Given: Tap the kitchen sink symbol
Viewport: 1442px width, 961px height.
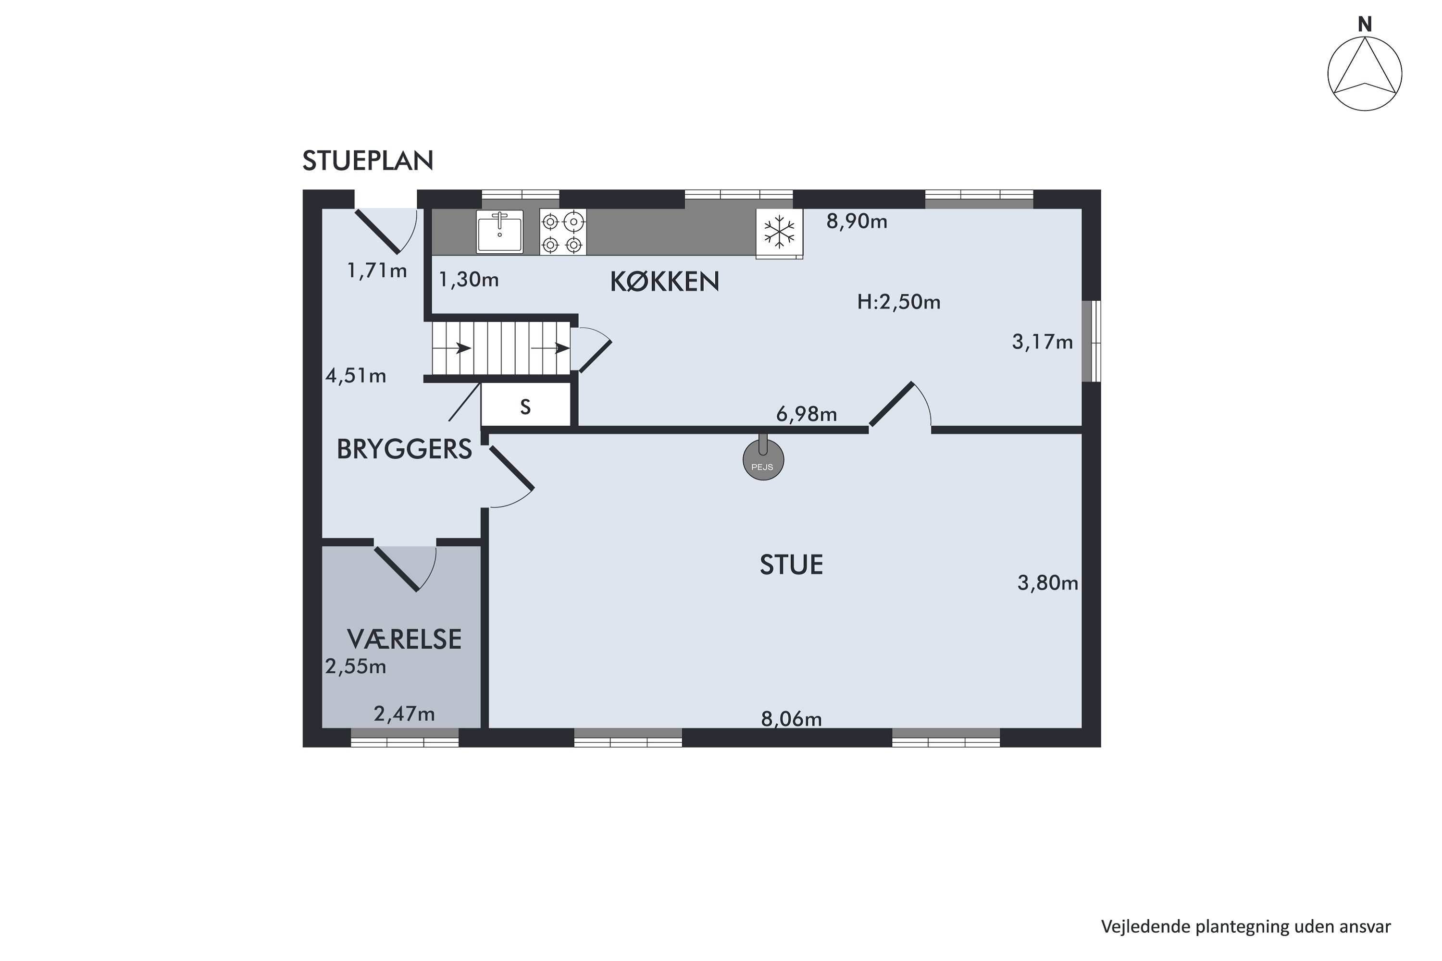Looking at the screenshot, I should tap(500, 232).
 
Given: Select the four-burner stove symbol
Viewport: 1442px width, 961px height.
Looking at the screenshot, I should tap(562, 232).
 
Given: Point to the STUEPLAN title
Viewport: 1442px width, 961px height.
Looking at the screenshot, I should tap(368, 160).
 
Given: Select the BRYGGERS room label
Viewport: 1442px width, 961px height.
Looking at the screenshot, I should tap(404, 450).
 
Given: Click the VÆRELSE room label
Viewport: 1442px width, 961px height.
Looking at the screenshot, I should tap(404, 639).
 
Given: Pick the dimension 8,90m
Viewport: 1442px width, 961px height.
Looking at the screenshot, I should tap(857, 221).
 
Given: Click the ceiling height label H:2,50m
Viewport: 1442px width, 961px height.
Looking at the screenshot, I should tap(898, 302).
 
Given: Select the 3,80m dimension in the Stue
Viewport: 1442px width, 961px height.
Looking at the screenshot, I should tap(1047, 583).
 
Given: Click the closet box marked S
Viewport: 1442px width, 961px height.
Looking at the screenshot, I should tap(525, 407).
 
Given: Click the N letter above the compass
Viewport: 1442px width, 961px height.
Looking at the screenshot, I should tap(1364, 25).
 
